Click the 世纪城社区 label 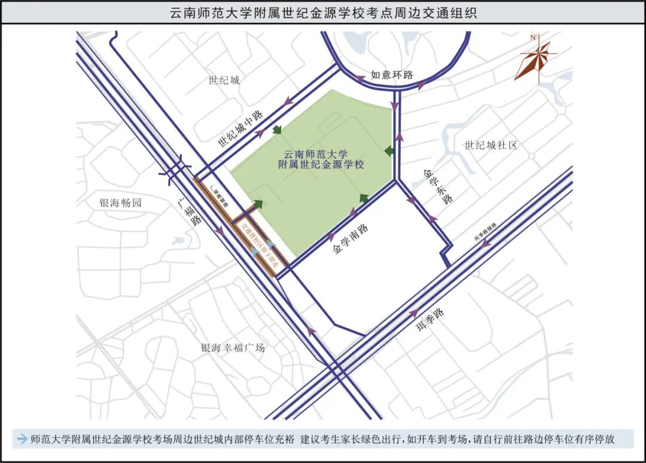coord(490,145)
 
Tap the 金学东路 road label coord(438,188)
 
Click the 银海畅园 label coord(121,203)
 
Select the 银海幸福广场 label coord(233,348)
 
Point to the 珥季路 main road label coord(431,323)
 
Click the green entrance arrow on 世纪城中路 coord(276,130)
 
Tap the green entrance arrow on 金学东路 coord(389,151)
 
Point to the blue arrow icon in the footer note coord(23,439)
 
